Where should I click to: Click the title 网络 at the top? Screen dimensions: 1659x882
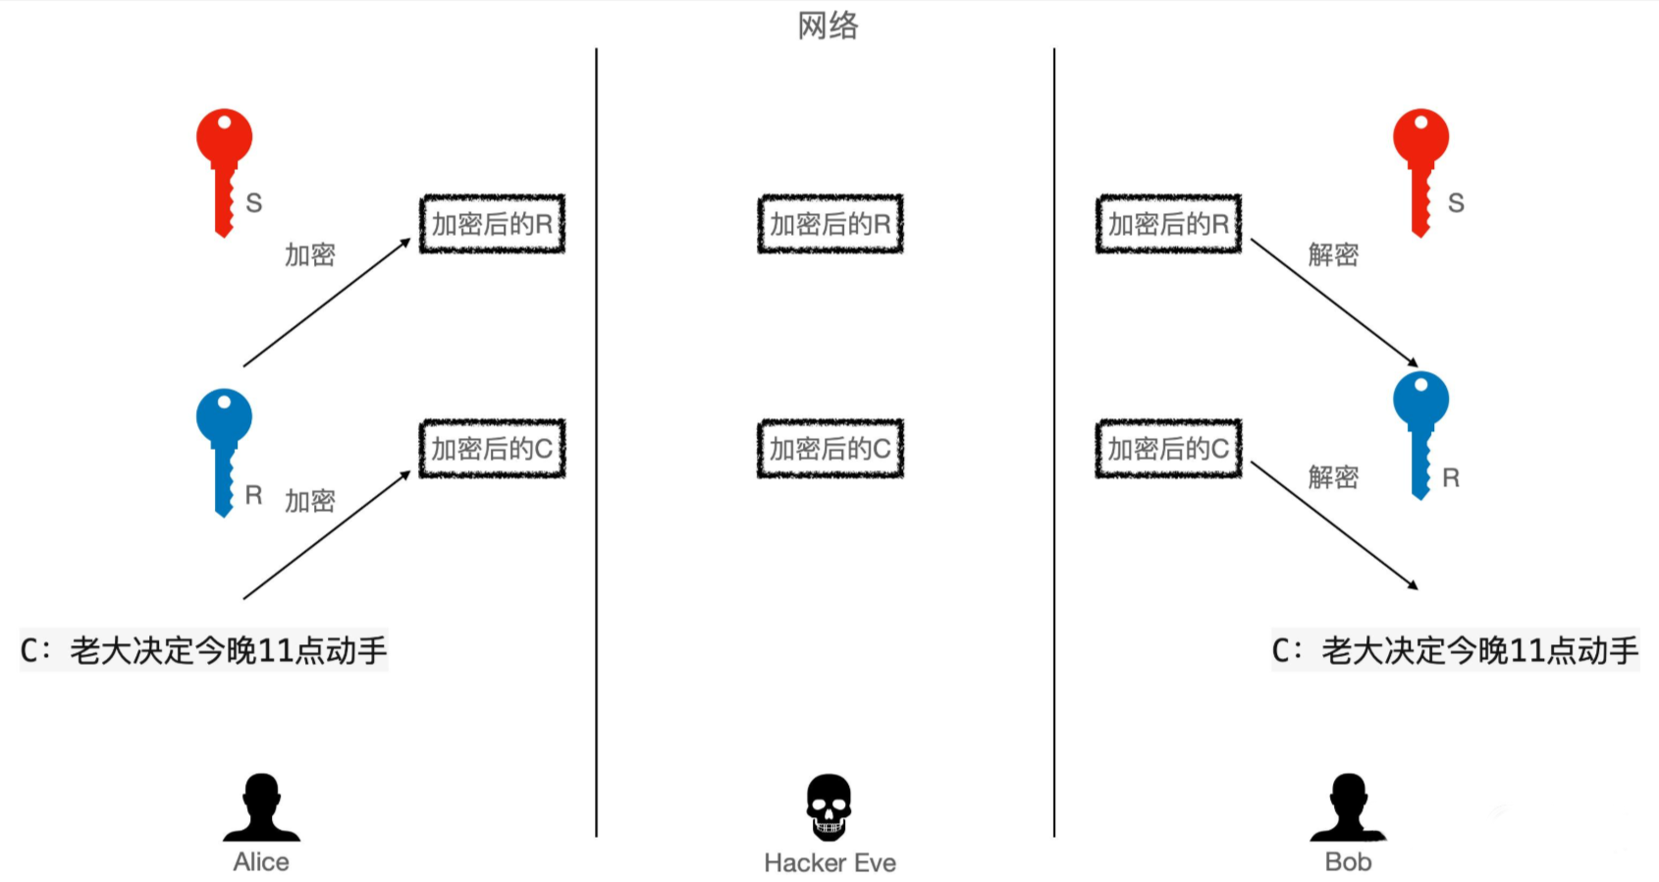[x=828, y=26]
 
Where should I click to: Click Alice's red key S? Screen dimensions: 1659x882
[x=225, y=167]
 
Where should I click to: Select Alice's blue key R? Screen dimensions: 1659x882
[x=225, y=447]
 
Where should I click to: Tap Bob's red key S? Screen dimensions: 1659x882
[x=1420, y=167]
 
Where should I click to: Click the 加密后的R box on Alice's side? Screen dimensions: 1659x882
[x=492, y=224]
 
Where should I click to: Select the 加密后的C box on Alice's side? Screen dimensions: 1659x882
[x=492, y=449]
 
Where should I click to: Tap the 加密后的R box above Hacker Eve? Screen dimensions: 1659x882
[x=829, y=224]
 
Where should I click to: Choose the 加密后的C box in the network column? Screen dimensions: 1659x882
[x=829, y=449]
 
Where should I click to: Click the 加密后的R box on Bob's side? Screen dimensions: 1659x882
[x=1168, y=224]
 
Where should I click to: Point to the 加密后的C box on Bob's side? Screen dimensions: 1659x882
[x=1168, y=449]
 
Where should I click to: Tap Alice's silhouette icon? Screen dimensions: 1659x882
[x=261, y=807]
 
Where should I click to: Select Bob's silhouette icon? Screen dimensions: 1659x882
[x=1348, y=807]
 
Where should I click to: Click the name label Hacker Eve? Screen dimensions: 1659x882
[x=829, y=862]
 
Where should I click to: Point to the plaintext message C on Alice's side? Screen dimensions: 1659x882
[x=204, y=650]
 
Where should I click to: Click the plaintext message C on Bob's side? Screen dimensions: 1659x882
[x=1455, y=650]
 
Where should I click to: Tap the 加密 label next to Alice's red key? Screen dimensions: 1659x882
[x=310, y=255]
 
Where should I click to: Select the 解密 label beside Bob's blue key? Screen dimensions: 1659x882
[x=1333, y=477]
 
